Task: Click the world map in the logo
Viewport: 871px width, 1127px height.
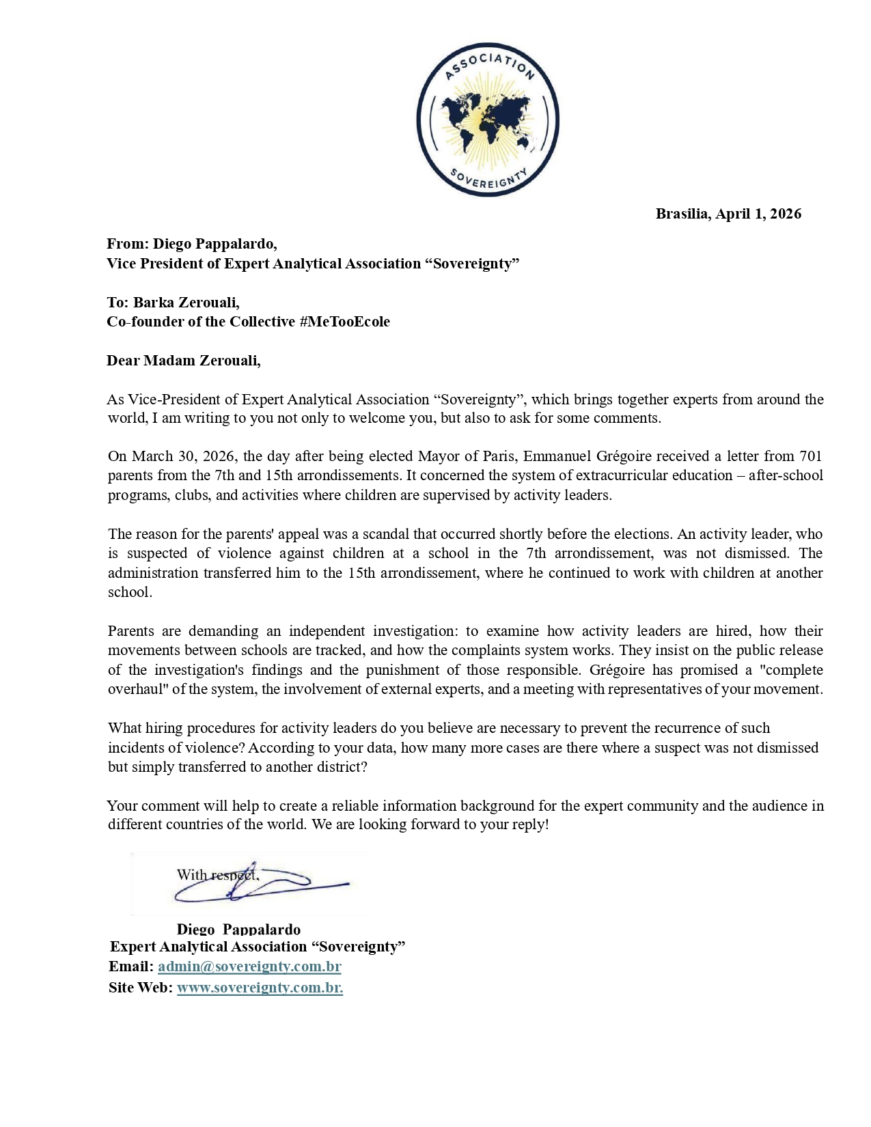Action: pos(487,121)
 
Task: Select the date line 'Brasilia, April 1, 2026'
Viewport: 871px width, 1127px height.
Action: pos(728,214)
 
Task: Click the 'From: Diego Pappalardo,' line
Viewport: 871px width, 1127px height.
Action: pos(192,244)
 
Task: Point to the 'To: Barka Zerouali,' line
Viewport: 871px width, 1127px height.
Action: pos(173,303)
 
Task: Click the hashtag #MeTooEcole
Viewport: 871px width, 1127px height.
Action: pos(344,322)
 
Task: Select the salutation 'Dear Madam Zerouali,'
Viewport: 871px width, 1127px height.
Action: pos(184,361)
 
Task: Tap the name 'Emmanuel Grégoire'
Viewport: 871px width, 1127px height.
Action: pos(587,456)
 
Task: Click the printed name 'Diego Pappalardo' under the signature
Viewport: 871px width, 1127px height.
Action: pos(238,929)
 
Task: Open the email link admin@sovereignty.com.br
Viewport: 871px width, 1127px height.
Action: pos(249,966)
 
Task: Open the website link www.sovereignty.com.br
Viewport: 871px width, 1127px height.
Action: pos(260,988)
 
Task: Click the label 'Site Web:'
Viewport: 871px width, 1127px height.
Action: pos(141,988)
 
